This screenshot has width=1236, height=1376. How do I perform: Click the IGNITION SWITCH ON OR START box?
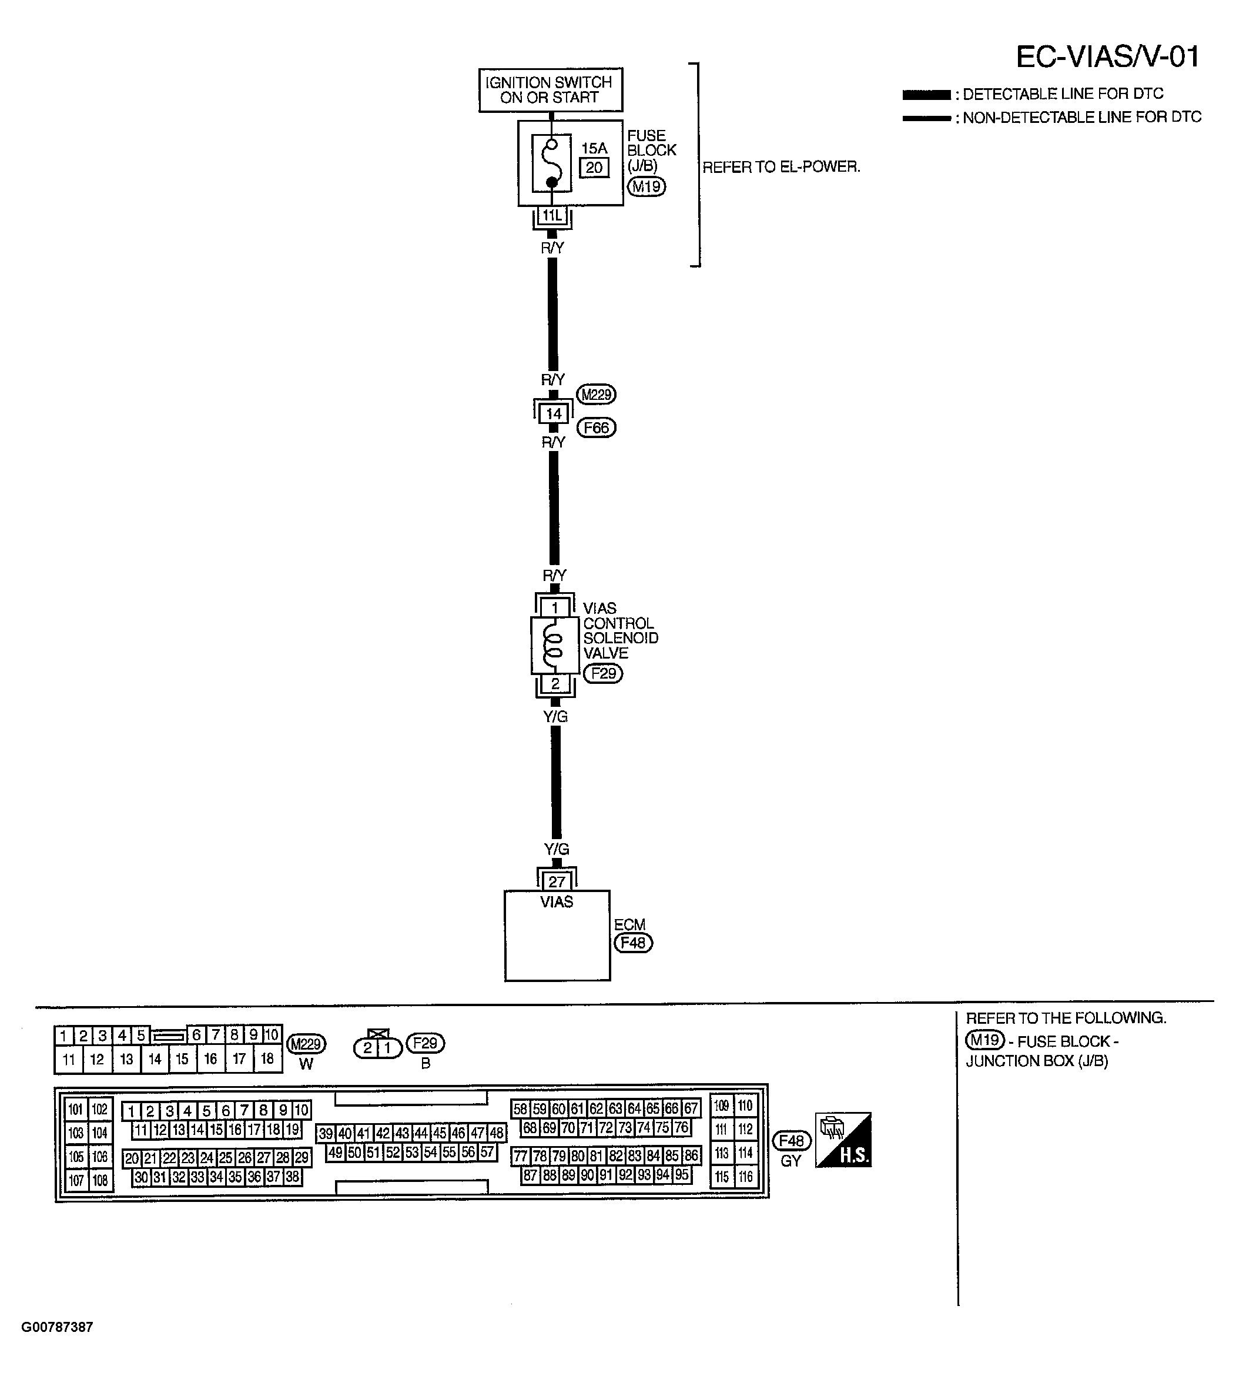coord(550,90)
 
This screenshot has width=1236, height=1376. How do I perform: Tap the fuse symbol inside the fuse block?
coord(551,163)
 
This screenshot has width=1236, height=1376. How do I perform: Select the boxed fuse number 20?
coord(594,168)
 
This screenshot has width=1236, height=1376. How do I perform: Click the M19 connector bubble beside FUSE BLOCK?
coord(646,186)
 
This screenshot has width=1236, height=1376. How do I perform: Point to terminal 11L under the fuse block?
coord(551,216)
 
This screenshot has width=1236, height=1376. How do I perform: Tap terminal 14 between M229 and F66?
coord(554,413)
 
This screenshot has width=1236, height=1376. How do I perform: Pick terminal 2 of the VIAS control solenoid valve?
coord(555,683)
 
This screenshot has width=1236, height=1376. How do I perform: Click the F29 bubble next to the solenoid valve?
coord(603,673)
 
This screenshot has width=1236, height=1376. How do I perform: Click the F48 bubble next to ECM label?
coord(633,943)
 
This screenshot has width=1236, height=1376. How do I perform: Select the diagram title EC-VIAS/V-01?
coord(1107,56)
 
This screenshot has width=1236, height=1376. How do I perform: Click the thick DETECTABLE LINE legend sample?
coord(926,95)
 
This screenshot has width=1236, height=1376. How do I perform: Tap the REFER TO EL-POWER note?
coord(781,167)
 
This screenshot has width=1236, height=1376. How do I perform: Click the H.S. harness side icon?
coord(843,1140)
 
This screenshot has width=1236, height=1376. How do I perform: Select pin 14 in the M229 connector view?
coord(155,1058)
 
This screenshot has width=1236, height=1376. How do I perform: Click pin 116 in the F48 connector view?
coord(746,1177)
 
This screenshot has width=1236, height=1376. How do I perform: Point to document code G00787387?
coord(57,1327)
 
